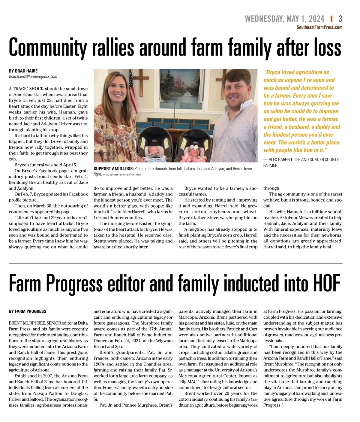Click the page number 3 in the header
click(x=340, y=19)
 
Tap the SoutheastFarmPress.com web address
click(x=319, y=27)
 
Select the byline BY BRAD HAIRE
click(x=23, y=71)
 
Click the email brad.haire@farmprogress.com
click(x=33, y=77)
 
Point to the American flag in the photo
click(x=131, y=83)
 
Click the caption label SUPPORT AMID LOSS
click(x=113, y=169)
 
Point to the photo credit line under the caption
click(x=122, y=175)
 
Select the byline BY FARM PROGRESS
click(x=28, y=311)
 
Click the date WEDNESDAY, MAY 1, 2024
click(x=284, y=19)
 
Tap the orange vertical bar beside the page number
click(x=331, y=19)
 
